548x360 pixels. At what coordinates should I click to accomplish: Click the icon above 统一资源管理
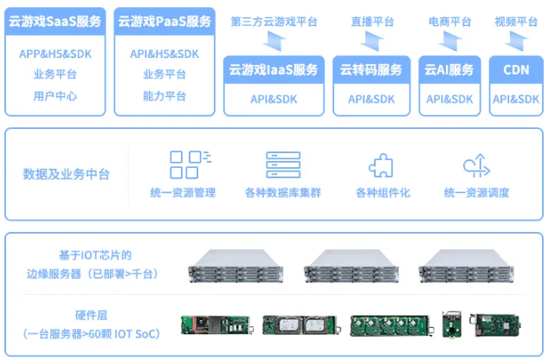click(x=188, y=164)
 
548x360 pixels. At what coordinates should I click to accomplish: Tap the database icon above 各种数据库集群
click(x=282, y=164)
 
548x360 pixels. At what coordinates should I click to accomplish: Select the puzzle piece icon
click(x=381, y=165)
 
